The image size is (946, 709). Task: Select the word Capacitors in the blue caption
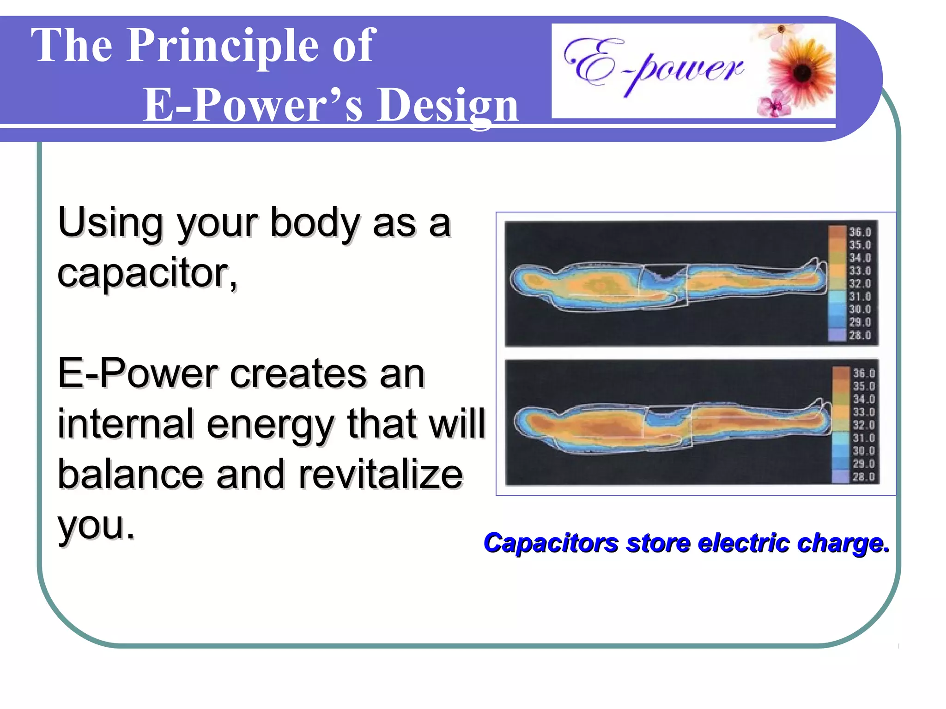click(x=551, y=543)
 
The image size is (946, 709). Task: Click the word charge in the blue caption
click(x=843, y=544)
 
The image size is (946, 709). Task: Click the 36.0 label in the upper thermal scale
click(x=860, y=232)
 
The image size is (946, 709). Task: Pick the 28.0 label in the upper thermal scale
click(x=860, y=336)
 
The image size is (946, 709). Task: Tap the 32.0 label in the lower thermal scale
click(x=863, y=425)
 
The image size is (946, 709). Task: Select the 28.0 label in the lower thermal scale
click(x=863, y=477)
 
